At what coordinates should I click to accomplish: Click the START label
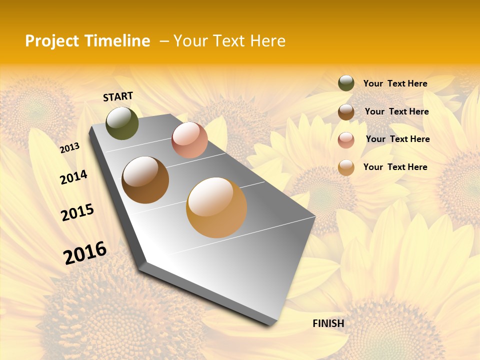118,96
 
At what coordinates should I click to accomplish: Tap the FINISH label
328,323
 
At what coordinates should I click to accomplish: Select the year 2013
70,147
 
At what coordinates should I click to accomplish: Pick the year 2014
73,177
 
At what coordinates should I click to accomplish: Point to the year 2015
77,212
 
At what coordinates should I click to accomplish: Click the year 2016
85,252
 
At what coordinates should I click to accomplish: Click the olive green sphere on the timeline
122,123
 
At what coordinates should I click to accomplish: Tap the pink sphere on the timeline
189,140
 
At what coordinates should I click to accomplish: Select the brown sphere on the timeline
145,180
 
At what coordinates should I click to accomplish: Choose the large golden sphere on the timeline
216,207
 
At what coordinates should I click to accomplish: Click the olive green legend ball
346,83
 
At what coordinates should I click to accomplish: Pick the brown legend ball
346,112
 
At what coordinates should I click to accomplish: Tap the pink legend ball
346,140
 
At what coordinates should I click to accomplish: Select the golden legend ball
346,167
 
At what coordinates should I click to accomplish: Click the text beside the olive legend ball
395,83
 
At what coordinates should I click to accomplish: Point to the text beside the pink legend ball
397,139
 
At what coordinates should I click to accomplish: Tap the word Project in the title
52,41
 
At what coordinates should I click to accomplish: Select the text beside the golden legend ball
395,167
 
